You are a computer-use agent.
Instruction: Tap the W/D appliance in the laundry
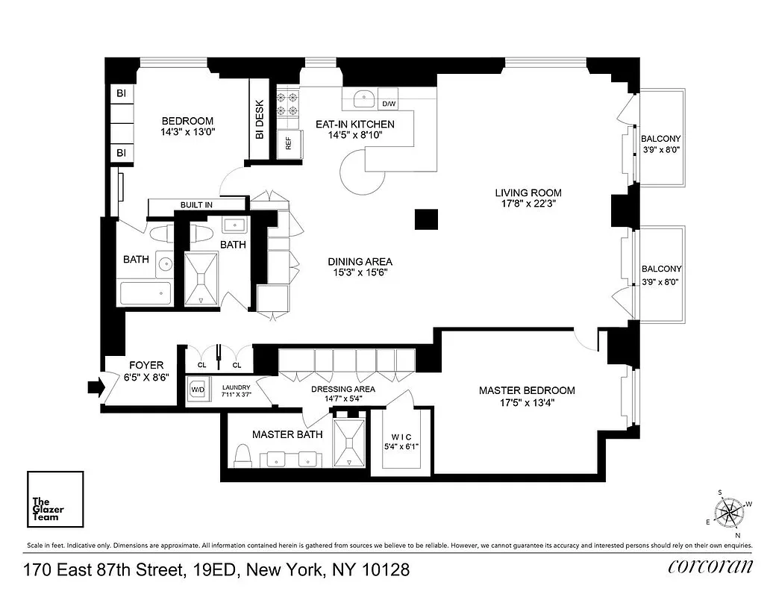coord(198,390)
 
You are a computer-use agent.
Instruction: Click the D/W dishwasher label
coord(389,104)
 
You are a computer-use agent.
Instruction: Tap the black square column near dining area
coord(426,220)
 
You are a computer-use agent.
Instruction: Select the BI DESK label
coord(260,119)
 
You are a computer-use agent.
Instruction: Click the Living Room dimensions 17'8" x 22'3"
coord(528,202)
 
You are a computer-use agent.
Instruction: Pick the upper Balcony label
coord(661,138)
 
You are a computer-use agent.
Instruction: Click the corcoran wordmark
coord(710,566)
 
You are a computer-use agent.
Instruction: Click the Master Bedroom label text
coord(527,390)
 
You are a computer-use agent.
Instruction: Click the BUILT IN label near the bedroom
coord(196,204)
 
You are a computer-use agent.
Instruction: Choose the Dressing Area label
coord(344,389)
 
